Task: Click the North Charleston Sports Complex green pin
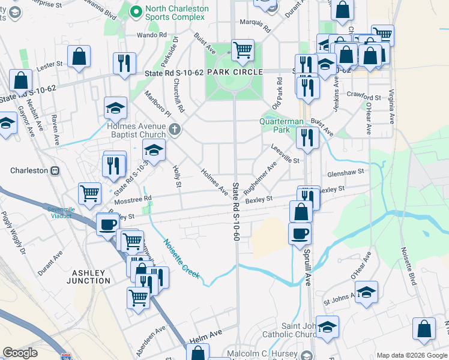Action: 137,10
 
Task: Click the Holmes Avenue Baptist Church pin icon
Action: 174,128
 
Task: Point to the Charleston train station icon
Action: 55,170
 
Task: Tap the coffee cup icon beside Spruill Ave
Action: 300,234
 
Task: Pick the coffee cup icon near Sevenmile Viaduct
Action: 108,224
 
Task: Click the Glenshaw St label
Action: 345,173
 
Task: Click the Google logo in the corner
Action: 20,353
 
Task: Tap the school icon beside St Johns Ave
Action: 366,292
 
